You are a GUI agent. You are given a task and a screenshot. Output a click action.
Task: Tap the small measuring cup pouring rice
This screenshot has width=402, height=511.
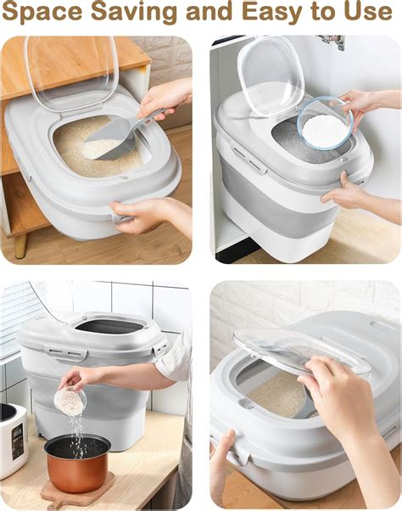(70, 400)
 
